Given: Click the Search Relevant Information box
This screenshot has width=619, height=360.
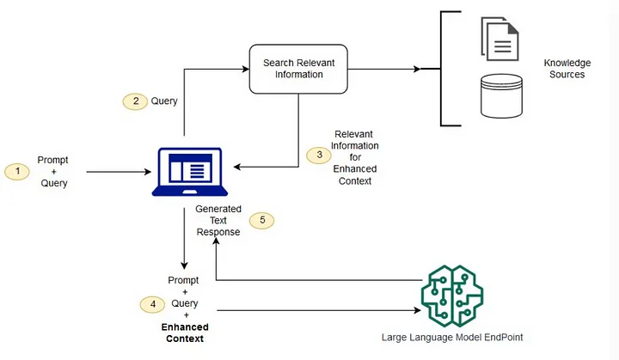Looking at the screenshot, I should [298, 68].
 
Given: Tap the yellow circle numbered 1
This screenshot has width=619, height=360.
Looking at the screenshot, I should [15, 171].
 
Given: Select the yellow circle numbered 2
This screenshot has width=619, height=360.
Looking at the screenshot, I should [134, 101].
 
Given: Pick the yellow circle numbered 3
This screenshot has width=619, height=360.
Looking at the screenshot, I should [319, 156].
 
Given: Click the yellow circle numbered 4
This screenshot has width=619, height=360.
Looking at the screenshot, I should [152, 303].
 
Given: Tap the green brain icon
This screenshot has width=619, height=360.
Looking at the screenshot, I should [453, 290].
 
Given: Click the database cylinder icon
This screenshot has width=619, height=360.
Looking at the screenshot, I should [502, 97].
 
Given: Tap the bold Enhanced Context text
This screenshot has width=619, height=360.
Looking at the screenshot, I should [186, 333].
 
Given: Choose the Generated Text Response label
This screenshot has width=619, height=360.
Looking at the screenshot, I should [218, 221].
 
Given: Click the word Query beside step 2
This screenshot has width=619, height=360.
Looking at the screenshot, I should [164, 101].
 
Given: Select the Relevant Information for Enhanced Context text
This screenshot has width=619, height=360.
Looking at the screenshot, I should [355, 157].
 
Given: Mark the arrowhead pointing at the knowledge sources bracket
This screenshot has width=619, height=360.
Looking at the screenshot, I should [437, 69].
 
